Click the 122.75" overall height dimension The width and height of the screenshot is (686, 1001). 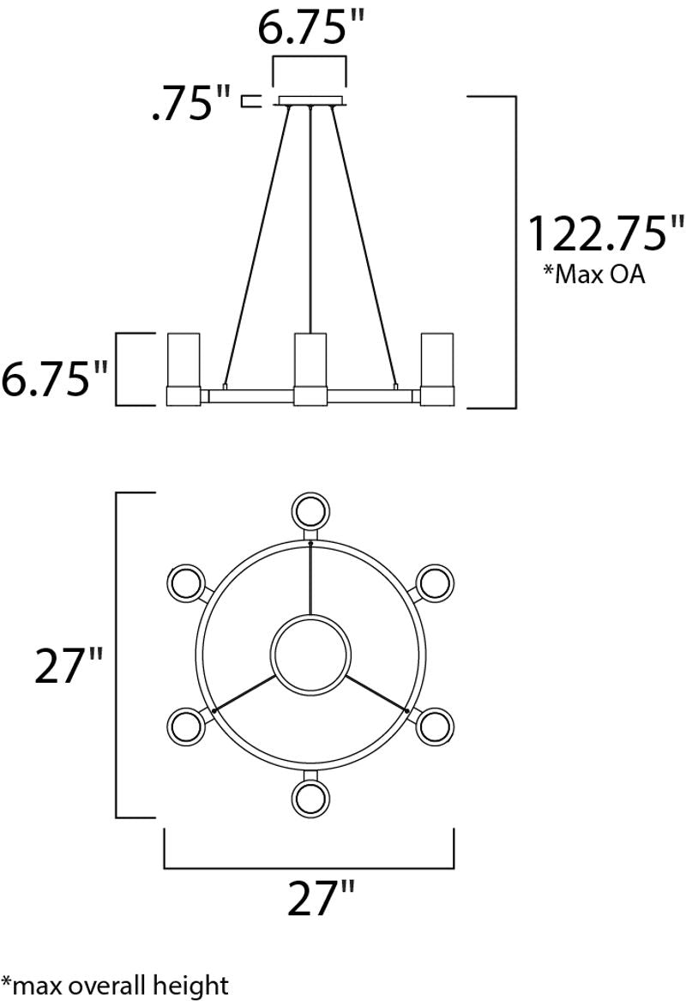tap(605, 233)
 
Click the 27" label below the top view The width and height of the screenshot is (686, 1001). tap(320, 900)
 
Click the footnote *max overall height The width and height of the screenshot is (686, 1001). tap(116, 985)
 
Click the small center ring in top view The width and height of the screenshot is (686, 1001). tap(310, 654)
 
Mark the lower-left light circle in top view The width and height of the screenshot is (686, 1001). tap(184, 727)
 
